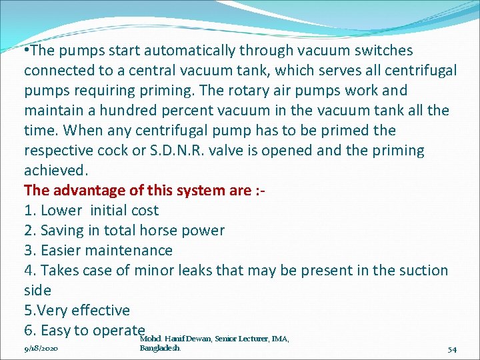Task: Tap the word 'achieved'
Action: tap(55, 171)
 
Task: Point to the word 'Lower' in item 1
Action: tap(63, 211)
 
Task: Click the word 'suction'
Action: tap(421, 271)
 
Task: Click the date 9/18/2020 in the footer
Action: tap(41, 349)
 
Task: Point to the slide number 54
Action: tap(452, 349)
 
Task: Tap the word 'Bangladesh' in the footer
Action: tap(160, 348)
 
